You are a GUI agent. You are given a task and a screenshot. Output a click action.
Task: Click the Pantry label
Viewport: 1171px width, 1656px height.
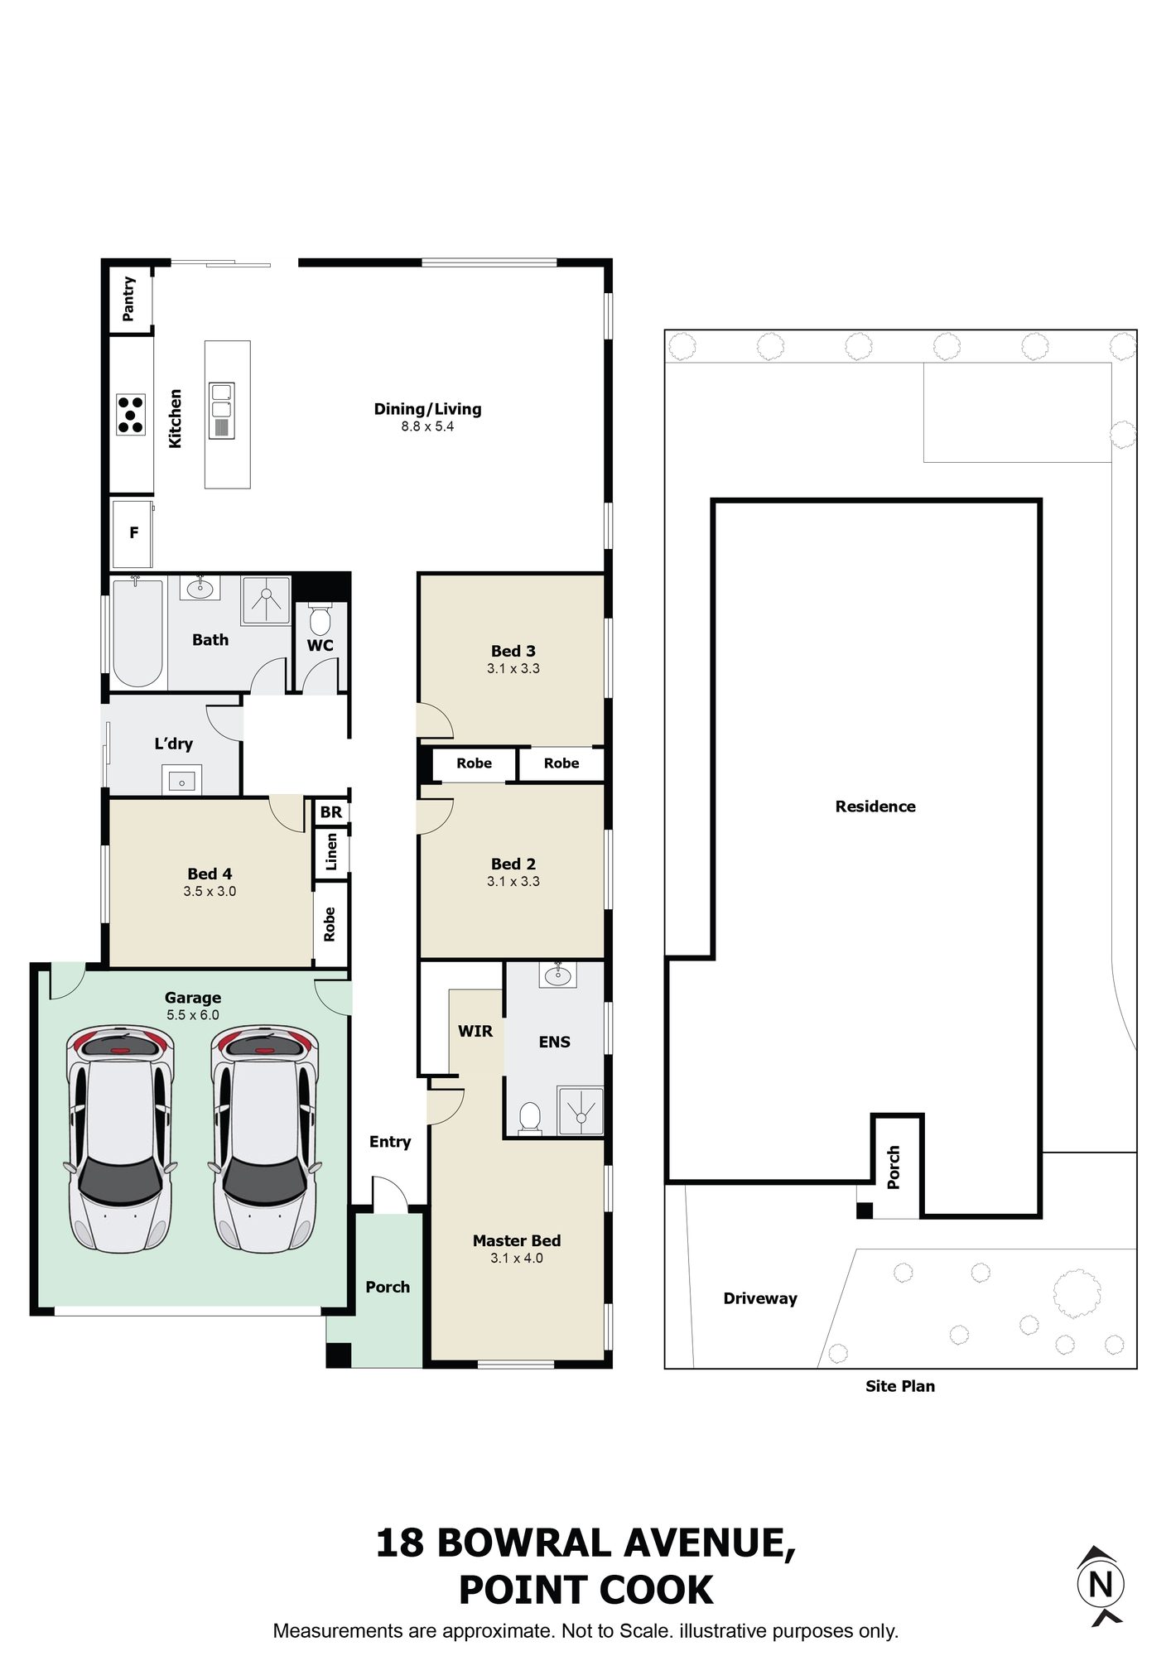coord(128,298)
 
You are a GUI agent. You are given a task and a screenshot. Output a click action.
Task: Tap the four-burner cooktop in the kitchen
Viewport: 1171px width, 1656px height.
coord(131,415)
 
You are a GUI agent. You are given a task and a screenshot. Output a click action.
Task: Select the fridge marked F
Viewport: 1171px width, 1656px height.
coord(133,533)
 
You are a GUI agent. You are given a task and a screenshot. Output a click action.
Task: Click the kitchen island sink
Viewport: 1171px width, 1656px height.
coord(222,410)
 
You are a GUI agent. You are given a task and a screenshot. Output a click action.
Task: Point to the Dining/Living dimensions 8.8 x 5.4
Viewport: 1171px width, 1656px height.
coord(427,427)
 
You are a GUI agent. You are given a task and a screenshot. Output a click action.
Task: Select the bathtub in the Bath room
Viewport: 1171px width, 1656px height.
coord(137,633)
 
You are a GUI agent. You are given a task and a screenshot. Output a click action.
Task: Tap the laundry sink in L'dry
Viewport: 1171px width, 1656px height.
coord(182,781)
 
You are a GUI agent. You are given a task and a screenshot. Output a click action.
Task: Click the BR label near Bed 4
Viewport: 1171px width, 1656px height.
coord(331,812)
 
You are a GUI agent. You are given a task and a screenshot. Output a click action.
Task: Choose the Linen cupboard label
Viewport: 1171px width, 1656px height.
coord(331,851)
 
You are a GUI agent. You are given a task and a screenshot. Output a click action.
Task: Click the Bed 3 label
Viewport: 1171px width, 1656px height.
coord(513,652)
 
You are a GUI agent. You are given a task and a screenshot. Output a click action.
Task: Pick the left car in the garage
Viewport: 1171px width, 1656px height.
coord(121,1138)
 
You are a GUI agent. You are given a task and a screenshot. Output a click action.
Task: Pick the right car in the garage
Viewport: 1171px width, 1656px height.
coord(265,1138)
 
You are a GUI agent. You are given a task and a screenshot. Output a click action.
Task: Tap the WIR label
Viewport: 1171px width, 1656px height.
coord(475,1032)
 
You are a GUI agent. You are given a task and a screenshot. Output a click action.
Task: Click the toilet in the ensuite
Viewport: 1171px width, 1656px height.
coord(530,1118)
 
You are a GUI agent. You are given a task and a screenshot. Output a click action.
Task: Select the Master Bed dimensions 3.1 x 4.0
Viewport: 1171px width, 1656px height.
coord(517,1259)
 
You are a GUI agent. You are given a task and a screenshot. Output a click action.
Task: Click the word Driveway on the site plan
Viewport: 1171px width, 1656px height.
coord(760,1298)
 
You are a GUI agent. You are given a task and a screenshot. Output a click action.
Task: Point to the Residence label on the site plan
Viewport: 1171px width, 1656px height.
coord(875,806)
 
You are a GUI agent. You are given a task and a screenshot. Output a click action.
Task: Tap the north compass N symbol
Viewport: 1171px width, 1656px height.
coord(1101,1585)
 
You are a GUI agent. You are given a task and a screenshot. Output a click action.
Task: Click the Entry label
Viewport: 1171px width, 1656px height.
coord(390,1143)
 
